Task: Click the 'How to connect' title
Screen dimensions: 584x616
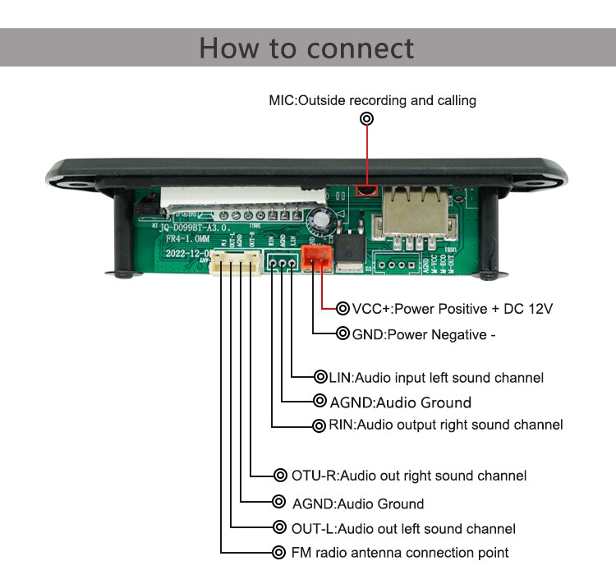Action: pyautogui.click(x=306, y=48)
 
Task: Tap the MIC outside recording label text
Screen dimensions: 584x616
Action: pyautogui.click(x=372, y=100)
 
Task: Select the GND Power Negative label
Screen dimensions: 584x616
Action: pyautogui.click(x=424, y=334)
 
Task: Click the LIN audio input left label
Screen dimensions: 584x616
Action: pyautogui.click(x=435, y=378)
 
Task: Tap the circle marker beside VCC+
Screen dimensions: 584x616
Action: pyautogui.click(x=343, y=309)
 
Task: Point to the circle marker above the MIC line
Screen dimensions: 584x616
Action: pyautogui.click(x=367, y=119)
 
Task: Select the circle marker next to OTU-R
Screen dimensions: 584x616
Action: pyautogui.click(x=278, y=475)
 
